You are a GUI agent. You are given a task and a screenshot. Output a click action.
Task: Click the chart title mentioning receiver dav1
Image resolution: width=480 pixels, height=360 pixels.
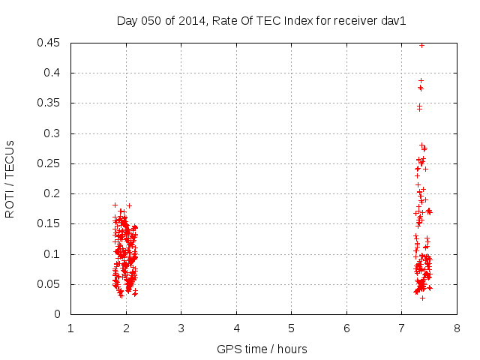click(x=261, y=20)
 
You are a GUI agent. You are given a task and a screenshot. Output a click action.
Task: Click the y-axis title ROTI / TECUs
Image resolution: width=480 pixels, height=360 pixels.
click(x=10, y=178)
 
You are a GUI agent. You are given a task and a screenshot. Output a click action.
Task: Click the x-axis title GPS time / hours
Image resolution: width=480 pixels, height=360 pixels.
click(x=262, y=349)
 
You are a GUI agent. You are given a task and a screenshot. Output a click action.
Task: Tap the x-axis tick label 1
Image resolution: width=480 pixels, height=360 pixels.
click(x=70, y=328)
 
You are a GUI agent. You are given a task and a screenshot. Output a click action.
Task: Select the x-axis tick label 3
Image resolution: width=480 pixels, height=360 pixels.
click(x=181, y=328)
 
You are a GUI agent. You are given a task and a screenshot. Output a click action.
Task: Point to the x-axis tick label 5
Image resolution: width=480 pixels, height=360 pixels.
click(x=291, y=328)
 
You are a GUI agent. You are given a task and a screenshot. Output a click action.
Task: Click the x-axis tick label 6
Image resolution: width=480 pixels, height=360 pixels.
click(x=346, y=328)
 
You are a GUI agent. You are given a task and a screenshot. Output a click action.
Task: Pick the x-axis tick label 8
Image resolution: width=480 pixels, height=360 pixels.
click(x=457, y=328)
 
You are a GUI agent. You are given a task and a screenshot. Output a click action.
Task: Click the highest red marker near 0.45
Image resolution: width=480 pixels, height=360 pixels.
click(x=421, y=45)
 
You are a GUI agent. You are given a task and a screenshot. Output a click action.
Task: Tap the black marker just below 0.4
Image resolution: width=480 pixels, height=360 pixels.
click(x=421, y=80)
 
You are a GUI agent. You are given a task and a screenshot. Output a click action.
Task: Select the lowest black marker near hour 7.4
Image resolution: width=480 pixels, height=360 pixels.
click(x=422, y=298)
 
